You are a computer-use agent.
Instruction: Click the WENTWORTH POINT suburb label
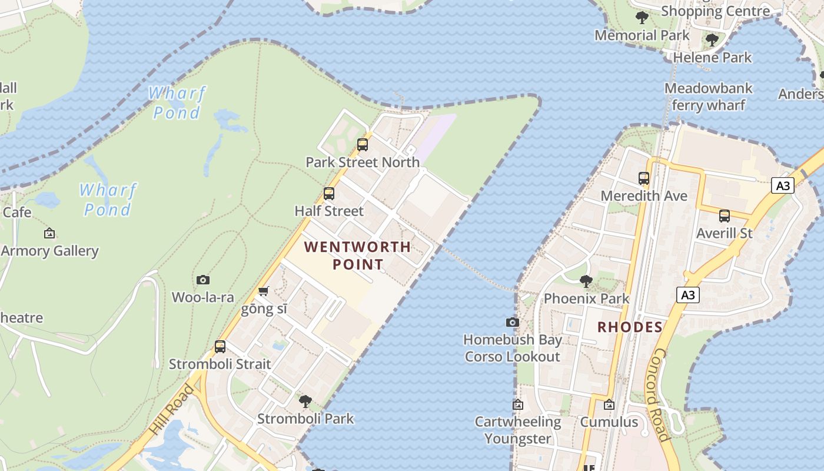[x=357, y=255]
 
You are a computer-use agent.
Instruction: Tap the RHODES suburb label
[x=630, y=327]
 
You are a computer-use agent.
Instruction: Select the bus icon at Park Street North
[x=363, y=145]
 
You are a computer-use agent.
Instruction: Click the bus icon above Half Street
[x=329, y=194]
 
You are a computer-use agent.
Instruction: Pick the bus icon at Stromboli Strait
[x=220, y=347]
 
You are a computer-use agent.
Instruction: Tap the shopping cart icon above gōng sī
[x=264, y=291]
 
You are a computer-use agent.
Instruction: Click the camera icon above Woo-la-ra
[x=203, y=280]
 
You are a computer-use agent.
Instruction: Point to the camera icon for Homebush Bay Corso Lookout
[x=513, y=323]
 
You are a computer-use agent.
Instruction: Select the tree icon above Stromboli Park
[x=305, y=402]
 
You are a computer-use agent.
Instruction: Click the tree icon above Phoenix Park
[x=586, y=281]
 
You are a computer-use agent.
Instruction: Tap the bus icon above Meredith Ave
[x=644, y=178]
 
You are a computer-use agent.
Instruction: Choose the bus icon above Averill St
[x=725, y=216]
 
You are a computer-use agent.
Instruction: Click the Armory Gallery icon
[x=49, y=234]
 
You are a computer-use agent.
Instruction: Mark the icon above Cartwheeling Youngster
[x=518, y=405]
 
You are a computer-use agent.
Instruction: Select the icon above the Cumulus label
[x=609, y=405]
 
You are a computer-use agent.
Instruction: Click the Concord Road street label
[x=660, y=394]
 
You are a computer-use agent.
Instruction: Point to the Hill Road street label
[x=171, y=410]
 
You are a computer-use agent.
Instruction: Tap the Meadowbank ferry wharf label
[x=708, y=97]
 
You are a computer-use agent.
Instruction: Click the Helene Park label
[x=712, y=58]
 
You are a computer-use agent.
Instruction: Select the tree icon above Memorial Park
[x=642, y=18]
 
